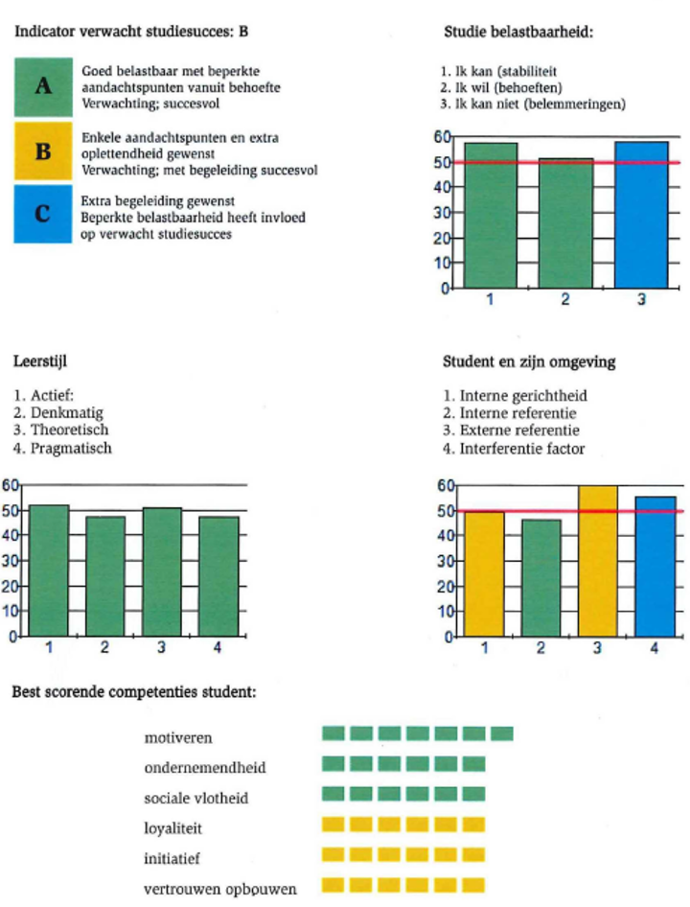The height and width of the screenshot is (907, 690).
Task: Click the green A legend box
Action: click(42, 86)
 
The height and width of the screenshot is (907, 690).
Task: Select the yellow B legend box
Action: click(42, 151)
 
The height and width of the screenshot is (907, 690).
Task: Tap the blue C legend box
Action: click(42, 213)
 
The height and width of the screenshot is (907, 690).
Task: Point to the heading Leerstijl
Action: click(39, 362)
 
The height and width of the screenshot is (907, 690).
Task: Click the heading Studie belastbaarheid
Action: click(517, 32)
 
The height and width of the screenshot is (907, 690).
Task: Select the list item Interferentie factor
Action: click(521, 448)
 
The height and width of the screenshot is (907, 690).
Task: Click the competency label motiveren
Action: click(178, 737)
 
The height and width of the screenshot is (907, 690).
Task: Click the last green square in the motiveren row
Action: click(502, 734)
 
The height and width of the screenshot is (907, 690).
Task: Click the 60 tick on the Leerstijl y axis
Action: click(10, 485)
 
